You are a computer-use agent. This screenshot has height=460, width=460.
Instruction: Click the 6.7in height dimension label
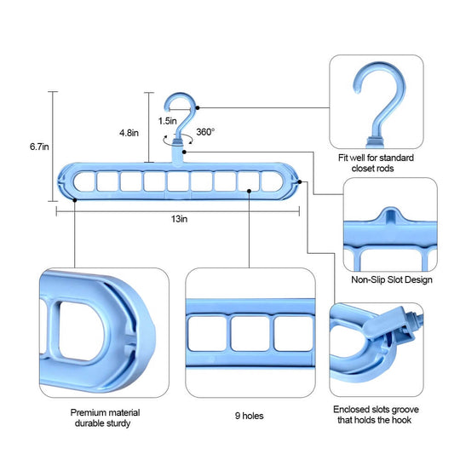tap(39, 147)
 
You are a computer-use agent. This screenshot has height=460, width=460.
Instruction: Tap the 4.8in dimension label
tap(129, 133)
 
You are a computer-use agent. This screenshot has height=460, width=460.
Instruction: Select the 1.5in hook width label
tap(168, 121)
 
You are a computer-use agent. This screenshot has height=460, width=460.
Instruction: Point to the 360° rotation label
tap(205, 132)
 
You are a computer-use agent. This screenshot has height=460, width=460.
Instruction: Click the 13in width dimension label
tap(179, 219)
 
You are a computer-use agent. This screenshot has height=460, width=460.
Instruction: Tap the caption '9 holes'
tap(249, 416)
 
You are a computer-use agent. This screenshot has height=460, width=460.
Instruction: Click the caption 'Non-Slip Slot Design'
tap(392, 279)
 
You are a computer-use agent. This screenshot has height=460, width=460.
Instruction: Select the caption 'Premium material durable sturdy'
tap(105, 417)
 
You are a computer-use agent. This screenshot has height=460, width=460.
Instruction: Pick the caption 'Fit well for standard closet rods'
tap(376, 163)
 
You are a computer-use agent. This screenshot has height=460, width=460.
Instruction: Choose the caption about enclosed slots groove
tap(376, 415)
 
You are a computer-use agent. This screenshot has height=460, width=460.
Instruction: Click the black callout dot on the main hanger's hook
tap(198, 108)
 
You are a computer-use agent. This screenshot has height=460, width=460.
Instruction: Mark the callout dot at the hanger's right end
tap(300, 182)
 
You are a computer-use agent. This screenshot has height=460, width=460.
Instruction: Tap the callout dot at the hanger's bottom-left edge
tap(75, 200)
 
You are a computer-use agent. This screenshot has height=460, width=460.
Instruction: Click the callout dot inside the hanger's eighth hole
tap(249, 191)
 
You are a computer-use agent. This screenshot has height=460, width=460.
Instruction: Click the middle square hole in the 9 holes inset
tap(250, 333)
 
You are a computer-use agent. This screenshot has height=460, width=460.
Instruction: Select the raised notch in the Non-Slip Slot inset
tap(390, 215)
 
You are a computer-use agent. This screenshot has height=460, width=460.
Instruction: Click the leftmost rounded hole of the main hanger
tap(84, 182)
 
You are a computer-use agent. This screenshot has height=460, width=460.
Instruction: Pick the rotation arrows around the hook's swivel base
tap(178, 140)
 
